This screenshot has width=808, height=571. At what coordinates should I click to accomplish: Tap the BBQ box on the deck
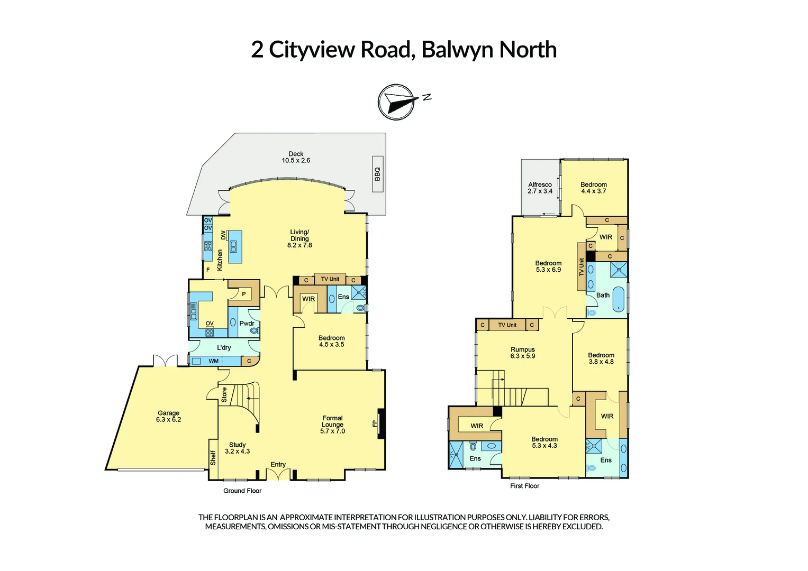(x=377, y=174)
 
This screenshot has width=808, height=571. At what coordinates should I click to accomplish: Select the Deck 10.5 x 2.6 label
(x=296, y=157)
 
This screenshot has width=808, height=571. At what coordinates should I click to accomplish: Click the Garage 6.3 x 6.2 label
(x=168, y=417)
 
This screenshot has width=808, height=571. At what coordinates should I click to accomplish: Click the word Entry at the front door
(x=278, y=465)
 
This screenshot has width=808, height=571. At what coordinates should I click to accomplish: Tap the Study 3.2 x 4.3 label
(x=237, y=448)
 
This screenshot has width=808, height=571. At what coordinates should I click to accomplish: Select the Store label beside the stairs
(x=224, y=394)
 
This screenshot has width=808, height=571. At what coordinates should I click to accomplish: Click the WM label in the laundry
(x=213, y=362)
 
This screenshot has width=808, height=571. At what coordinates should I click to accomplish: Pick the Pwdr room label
(x=247, y=324)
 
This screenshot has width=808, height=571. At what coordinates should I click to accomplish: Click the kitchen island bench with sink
(x=235, y=247)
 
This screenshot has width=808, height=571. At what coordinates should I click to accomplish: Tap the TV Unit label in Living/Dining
(x=330, y=279)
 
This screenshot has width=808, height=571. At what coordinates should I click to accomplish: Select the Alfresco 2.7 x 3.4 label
(x=540, y=188)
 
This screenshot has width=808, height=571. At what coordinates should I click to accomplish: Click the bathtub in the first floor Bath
(x=618, y=299)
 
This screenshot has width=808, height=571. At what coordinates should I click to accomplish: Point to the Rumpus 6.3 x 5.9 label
(x=523, y=353)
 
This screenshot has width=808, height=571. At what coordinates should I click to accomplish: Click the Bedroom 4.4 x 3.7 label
(x=594, y=188)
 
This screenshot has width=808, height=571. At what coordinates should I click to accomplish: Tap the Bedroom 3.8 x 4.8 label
(x=601, y=358)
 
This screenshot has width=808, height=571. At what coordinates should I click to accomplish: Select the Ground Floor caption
(x=242, y=491)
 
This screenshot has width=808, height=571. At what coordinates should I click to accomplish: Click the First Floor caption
(x=524, y=486)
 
